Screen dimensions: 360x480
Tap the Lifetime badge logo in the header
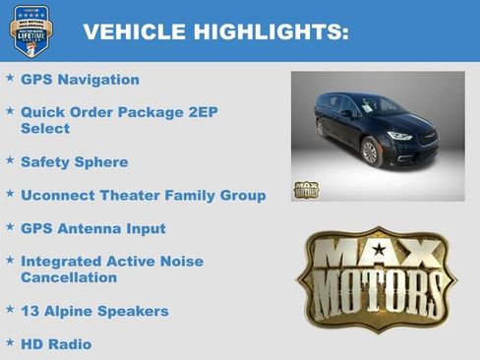click(x=30, y=30)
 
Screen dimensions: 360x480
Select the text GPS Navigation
click(x=80, y=80)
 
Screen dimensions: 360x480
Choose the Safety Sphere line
click(x=74, y=161)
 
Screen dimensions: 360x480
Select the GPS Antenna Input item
click(x=92, y=228)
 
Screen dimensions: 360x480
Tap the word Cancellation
click(x=68, y=277)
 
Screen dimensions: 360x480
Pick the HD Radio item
click(x=55, y=344)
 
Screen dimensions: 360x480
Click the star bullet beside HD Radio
click(x=10, y=342)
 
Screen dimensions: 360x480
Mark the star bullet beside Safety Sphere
click(x=10, y=159)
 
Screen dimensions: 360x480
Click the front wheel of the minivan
click(x=371, y=150)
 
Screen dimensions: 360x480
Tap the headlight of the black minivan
click(x=398, y=136)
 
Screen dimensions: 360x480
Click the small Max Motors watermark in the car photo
click(x=306, y=190)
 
